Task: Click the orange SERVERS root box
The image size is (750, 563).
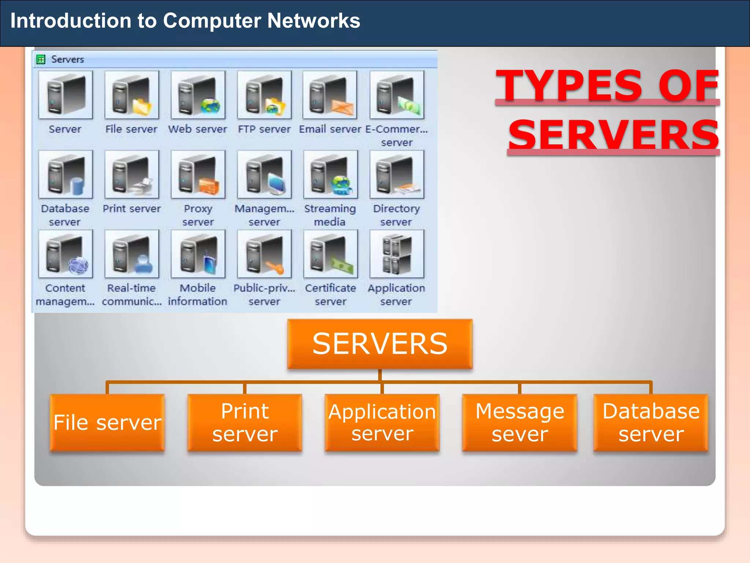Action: click(x=380, y=344)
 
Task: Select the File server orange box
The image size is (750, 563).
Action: click(x=107, y=422)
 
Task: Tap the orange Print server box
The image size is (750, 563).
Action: click(x=245, y=422)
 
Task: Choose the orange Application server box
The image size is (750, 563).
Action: click(x=382, y=422)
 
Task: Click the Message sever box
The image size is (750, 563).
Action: click(x=519, y=422)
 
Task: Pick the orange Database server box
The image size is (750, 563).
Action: click(x=651, y=422)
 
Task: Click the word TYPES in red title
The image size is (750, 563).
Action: click(x=569, y=86)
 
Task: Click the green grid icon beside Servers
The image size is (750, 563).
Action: click(x=41, y=59)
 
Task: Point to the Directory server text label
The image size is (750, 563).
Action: click(x=396, y=215)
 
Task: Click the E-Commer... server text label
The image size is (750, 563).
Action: click(x=397, y=135)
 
